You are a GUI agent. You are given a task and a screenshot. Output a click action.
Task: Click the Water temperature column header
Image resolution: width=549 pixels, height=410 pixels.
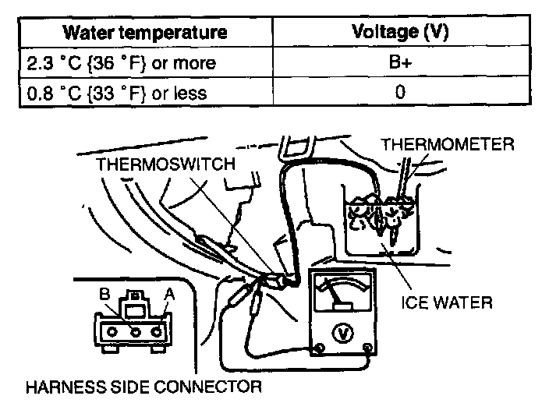[145, 32]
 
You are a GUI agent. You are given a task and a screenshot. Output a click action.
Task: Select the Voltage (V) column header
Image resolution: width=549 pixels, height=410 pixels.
[401, 32]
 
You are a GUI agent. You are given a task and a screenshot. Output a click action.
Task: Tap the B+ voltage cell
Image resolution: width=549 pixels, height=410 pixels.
[401, 62]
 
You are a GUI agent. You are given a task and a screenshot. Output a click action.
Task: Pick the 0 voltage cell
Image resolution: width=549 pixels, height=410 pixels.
[401, 93]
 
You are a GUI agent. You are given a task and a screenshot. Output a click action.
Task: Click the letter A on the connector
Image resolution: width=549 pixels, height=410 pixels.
[168, 295]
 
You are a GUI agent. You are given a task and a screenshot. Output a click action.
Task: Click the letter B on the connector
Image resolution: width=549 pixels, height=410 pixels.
[104, 295]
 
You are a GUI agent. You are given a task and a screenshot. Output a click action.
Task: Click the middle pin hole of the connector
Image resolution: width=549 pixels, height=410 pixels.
[136, 330]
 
